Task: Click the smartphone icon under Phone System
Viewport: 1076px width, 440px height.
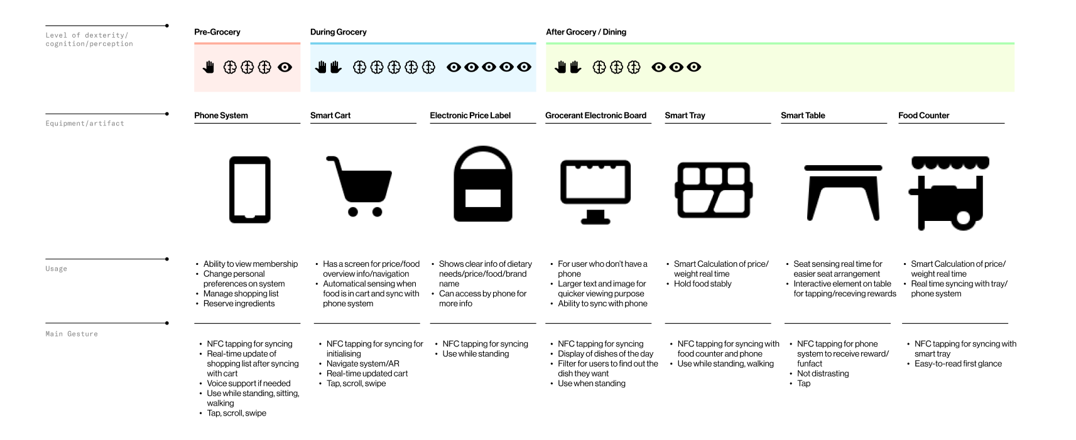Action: (249, 190)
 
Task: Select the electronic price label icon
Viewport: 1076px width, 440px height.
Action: (482, 185)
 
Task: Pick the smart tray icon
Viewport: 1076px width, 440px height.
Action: (714, 190)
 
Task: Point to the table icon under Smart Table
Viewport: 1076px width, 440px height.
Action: (843, 192)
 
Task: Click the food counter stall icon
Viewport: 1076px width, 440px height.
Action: (949, 192)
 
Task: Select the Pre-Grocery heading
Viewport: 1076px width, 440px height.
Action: (217, 32)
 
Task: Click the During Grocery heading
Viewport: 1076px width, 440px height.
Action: (339, 32)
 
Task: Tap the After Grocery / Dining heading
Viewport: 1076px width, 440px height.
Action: (586, 32)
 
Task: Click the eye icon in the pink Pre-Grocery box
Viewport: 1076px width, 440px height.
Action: (285, 67)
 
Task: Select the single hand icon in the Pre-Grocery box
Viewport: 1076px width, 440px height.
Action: (209, 67)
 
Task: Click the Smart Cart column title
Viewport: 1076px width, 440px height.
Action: (330, 115)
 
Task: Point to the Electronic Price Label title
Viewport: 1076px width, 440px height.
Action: (470, 115)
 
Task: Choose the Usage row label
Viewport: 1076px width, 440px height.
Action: (57, 269)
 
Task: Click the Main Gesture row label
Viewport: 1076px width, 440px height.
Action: (72, 334)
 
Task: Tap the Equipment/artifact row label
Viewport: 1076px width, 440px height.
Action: (85, 124)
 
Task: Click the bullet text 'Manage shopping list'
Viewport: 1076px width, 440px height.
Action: (241, 294)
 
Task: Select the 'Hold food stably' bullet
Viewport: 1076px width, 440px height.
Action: (702, 284)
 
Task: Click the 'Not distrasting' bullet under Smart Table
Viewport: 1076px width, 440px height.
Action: (823, 373)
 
